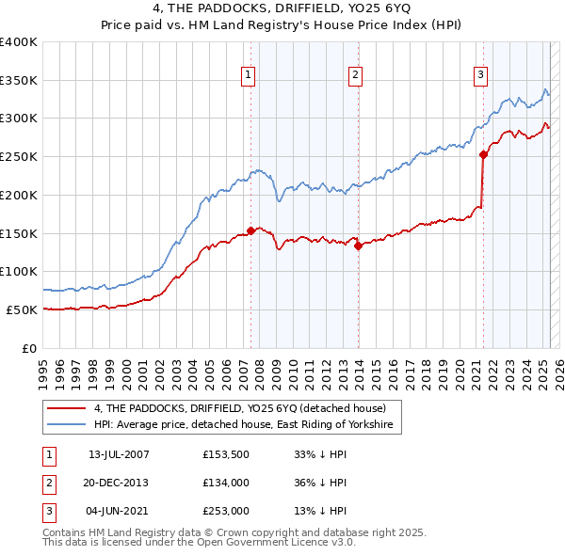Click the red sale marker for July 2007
click(250, 230)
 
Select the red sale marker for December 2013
click(358, 246)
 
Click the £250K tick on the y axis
click(19, 156)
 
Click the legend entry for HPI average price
click(248, 425)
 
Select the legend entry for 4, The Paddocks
click(240, 408)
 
